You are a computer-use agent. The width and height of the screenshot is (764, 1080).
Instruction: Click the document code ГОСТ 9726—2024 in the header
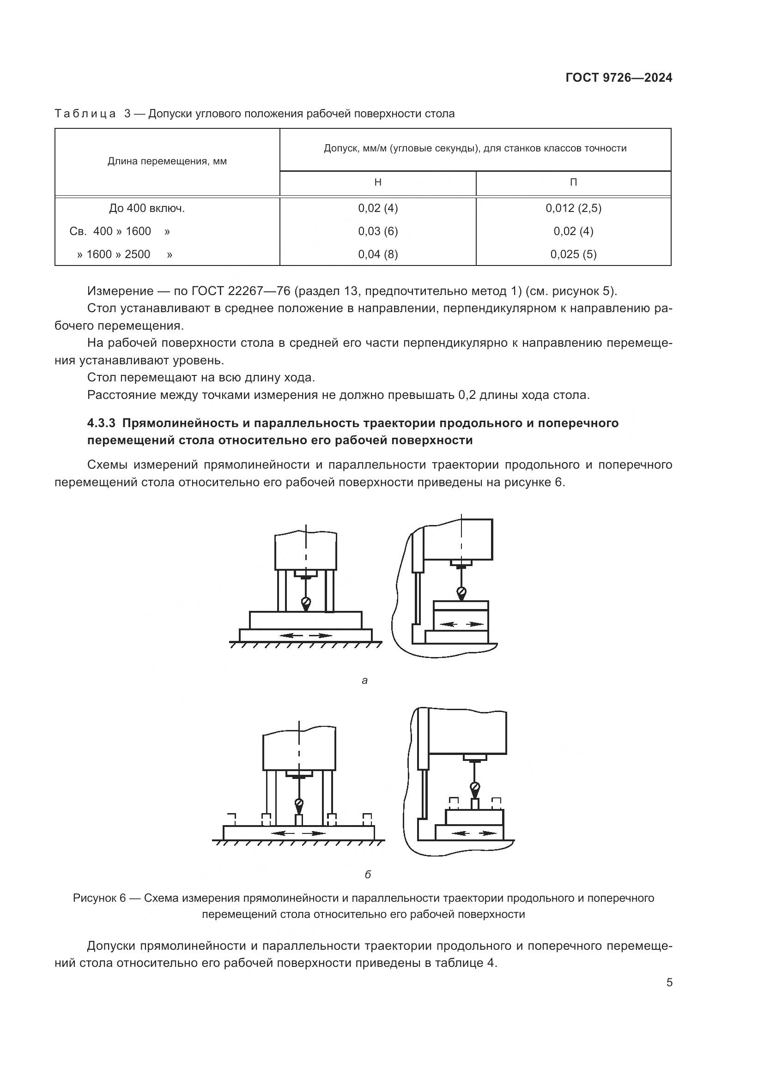tap(618, 78)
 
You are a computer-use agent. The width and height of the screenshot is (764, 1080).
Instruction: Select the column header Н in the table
tap(378, 182)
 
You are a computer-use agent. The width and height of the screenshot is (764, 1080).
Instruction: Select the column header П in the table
tap(574, 182)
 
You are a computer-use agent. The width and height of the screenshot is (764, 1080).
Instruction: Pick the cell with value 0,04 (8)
tap(378, 254)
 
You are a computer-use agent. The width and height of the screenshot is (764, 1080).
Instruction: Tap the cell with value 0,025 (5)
tap(574, 254)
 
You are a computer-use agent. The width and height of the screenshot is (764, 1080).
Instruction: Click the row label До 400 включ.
tap(147, 208)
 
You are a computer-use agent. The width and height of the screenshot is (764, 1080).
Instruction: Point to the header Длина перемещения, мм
tap(167, 161)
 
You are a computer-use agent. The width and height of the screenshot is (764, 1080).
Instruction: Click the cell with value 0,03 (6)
tap(378, 231)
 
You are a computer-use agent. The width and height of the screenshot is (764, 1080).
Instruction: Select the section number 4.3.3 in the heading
tap(101, 423)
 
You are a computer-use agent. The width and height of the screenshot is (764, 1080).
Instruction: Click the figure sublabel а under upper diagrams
tap(364, 680)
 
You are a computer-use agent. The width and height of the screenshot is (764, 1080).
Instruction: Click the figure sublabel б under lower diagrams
tap(368, 875)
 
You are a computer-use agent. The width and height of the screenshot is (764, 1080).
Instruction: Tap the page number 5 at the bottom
tap(669, 983)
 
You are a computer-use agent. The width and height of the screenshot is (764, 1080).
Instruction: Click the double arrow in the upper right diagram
tap(461, 624)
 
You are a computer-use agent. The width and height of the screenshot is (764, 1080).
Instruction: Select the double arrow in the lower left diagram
tap(299, 833)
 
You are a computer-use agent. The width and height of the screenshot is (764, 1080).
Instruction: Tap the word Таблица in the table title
tap(85, 114)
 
